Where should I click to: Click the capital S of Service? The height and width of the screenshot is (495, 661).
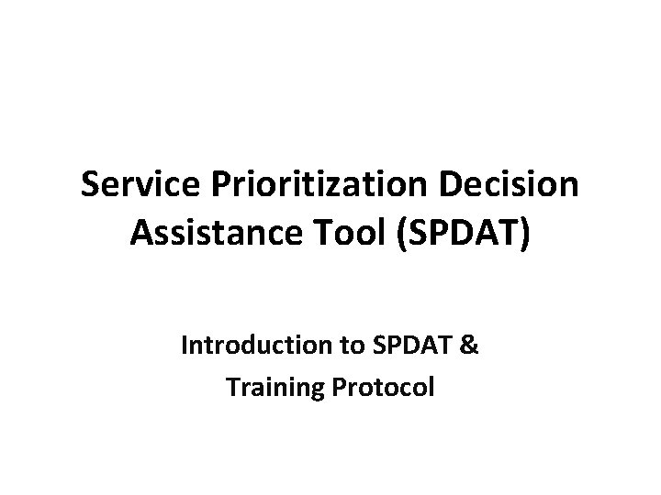[x=90, y=185]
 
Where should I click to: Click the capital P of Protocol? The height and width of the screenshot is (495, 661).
[x=330, y=387]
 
